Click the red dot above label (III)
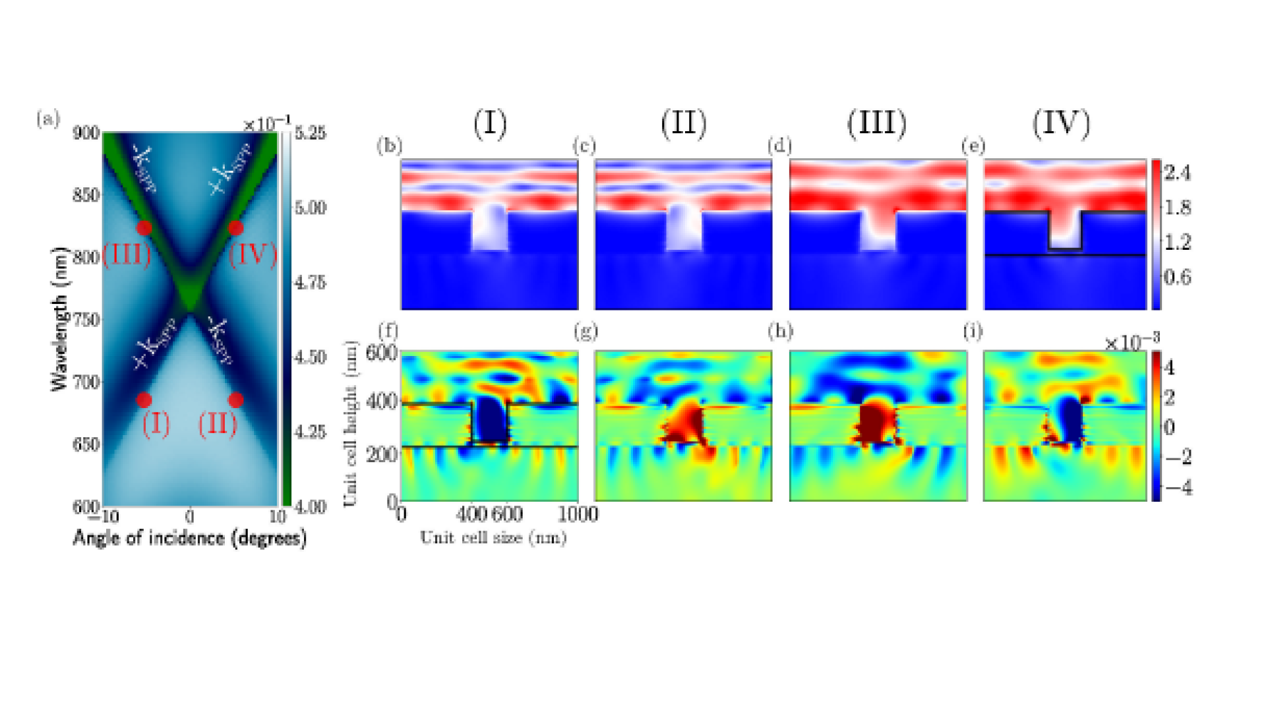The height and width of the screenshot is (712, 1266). (x=144, y=228)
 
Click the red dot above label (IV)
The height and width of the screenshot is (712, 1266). (x=235, y=228)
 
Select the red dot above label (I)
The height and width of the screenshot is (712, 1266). (x=144, y=400)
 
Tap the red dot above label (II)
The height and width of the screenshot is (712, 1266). (x=235, y=400)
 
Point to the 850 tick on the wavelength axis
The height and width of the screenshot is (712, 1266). (x=86, y=195)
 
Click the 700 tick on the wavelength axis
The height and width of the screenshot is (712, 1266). (x=86, y=382)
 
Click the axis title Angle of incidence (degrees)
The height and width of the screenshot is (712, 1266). (x=190, y=538)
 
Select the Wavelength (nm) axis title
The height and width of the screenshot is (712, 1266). (x=59, y=319)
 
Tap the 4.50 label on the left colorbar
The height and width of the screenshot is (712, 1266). (x=310, y=357)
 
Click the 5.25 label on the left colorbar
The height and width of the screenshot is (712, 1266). (x=310, y=133)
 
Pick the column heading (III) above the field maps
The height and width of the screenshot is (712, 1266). (x=876, y=124)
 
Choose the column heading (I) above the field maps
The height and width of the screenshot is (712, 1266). (x=490, y=124)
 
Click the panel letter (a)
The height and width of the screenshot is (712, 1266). (x=48, y=119)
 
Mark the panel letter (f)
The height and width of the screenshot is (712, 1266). (x=388, y=330)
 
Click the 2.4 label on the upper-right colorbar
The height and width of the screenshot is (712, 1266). (x=1177, y=173)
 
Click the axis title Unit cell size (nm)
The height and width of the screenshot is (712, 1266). (x=493, y=538)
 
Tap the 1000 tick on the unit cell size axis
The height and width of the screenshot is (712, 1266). (x=578, y=514)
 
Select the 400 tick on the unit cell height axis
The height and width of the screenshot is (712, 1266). (x=381, y=401)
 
